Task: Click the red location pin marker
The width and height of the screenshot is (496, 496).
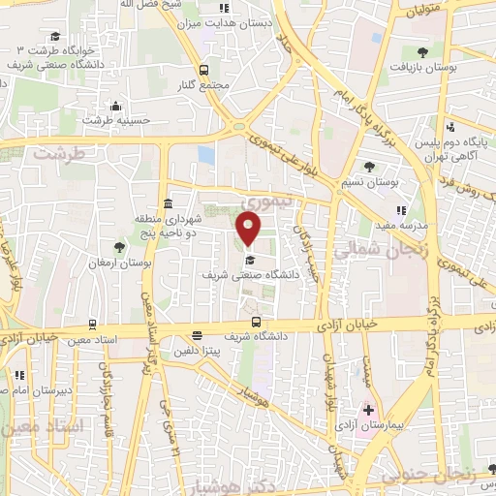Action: (250, 229)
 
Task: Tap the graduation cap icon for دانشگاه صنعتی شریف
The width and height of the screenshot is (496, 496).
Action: (249, 260)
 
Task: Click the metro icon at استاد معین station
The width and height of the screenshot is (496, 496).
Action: (92, 325)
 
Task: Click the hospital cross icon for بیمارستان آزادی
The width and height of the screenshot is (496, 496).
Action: (368, 410)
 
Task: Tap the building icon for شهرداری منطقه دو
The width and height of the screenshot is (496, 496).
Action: (169, 204)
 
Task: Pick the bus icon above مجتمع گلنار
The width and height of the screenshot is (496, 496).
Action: (203, 70)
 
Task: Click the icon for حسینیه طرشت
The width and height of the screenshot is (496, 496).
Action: (116, 107)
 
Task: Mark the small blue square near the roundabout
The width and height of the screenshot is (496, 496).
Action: (205, 154)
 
